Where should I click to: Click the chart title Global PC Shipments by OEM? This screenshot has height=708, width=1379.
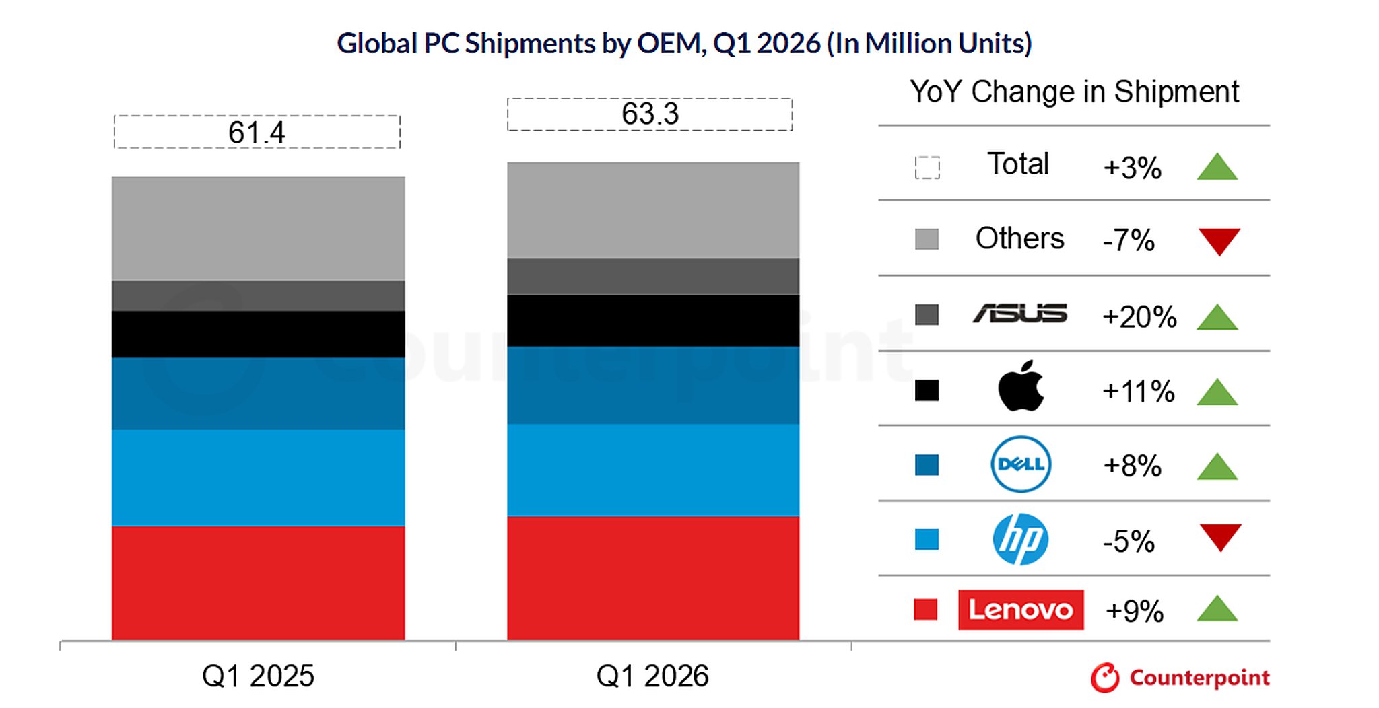pyautogui.click(x=683, y=44)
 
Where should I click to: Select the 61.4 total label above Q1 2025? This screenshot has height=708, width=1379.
pyautogui.click(x=257, y=133)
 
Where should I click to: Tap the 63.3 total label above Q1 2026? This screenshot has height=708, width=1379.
pyautogui.click(x=650, y=114)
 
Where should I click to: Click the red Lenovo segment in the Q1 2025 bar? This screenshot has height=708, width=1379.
pyautogui.click(x=258, y=583)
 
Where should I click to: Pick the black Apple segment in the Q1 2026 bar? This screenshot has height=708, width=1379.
pyautogui.click(x=653, y=320)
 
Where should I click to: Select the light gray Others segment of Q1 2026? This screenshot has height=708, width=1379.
pyautogui.click(x=653, y=210)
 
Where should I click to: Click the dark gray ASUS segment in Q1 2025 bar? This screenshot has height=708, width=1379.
pyautogui.click(x=258, y=295)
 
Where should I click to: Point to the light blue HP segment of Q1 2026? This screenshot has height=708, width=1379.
pyautogui.click(x=653, y=470)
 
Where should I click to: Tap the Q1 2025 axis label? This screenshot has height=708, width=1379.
pyautogui.click(x=258, y=676)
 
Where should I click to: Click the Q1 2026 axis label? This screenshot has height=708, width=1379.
pyautogui.click(x=652, y=676)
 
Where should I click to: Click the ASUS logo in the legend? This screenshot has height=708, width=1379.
pyautogui.click(x=1019, y=314)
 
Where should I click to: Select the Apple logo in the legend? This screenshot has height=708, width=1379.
pyautogui.click(x=1020, y=386)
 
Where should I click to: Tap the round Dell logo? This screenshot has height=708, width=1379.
pyautogui.click(x=1021, y=464)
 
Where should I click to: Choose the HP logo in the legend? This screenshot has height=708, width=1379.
pyautogui.click(x=1020, y=539)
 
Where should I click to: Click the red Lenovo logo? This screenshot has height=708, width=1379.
pyautogui.click(x=1021, y=610)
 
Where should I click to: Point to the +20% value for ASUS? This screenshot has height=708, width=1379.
pyautogui.click(x=1139, y=317)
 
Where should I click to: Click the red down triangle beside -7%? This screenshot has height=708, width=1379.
pyautogui.click(x=1219, y=241)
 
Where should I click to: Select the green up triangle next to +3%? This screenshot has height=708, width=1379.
pyautogui.click(x=1217, y=168)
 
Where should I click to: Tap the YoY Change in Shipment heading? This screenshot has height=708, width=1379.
pyautogui.click(x=1074, y=92)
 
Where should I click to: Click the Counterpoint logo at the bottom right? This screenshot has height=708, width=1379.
pyautogui.click(x=1180, y=678)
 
